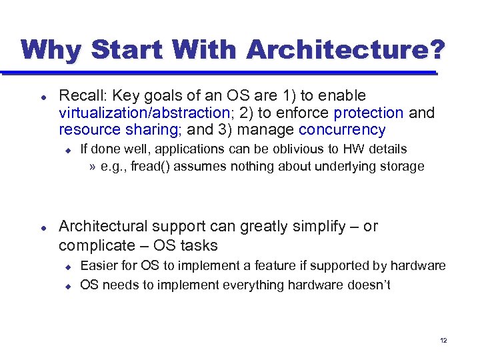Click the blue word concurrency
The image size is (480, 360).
(x=342, y=130)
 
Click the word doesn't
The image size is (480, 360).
(x=367, y=285)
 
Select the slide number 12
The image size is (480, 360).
(x=443, y=341)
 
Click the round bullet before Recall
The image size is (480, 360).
(x=43, y=97)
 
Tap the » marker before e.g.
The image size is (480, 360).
(x=92, y=166)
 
